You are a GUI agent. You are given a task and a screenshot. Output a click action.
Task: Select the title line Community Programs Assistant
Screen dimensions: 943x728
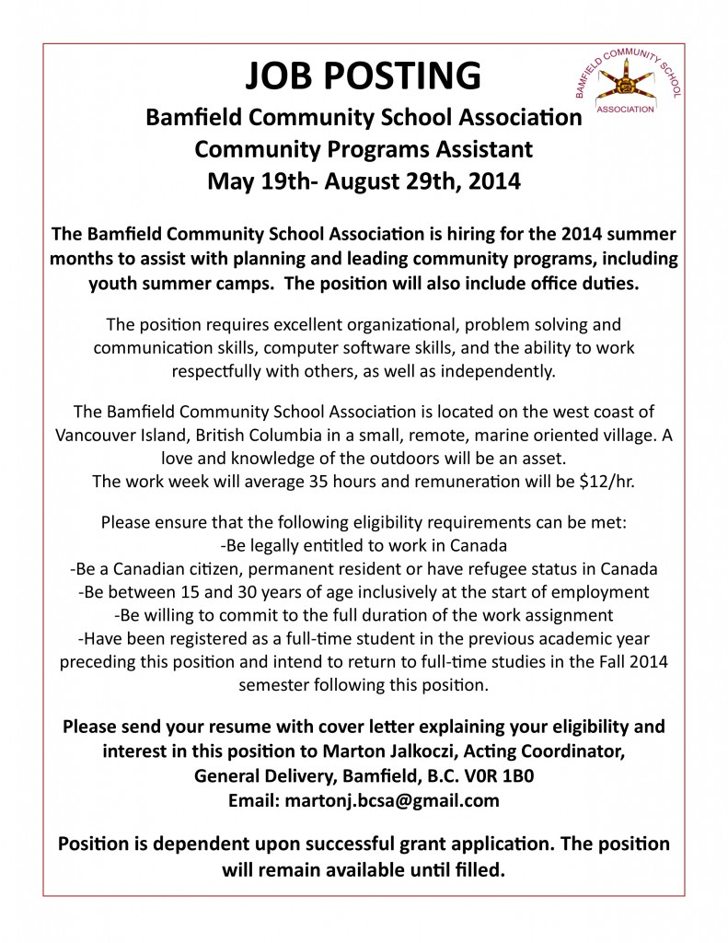[x=364, y=149]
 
